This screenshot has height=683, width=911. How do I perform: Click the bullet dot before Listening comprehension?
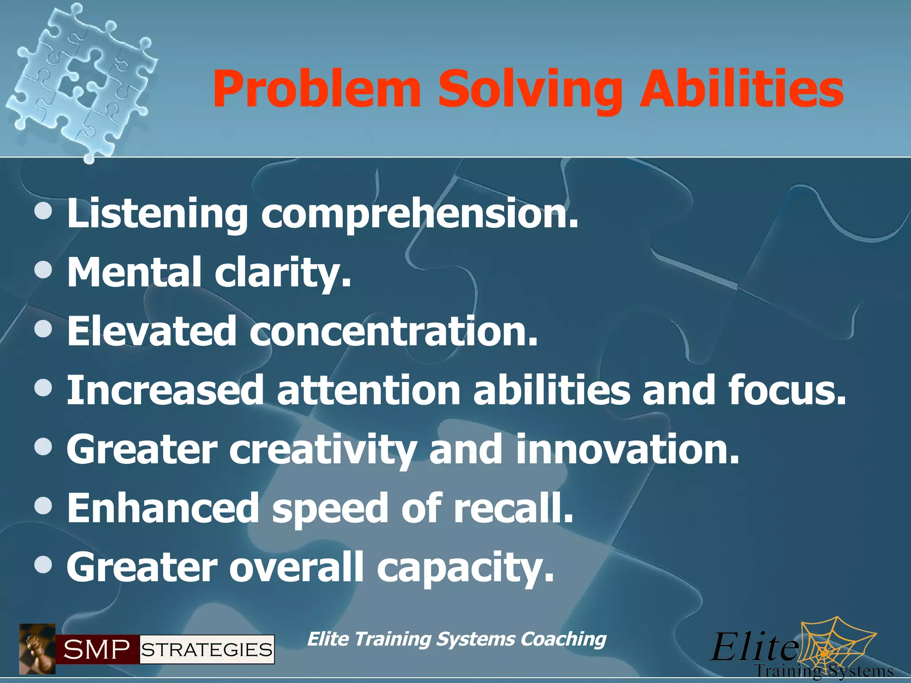[x=43, y=213]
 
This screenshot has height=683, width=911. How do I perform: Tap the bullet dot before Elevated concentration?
[x=43, y=330]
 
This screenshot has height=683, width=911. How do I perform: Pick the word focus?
[x=787, y=390]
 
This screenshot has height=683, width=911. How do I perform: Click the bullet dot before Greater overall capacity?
[x=43, y=566]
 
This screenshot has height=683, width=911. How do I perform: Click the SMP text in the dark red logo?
[x=97, y=650]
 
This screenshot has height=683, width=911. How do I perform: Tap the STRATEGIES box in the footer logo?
[x=207, y=650]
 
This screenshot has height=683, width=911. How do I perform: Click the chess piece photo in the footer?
[x=37, y=649]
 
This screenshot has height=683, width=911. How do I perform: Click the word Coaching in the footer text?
[x=563, y=639]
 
